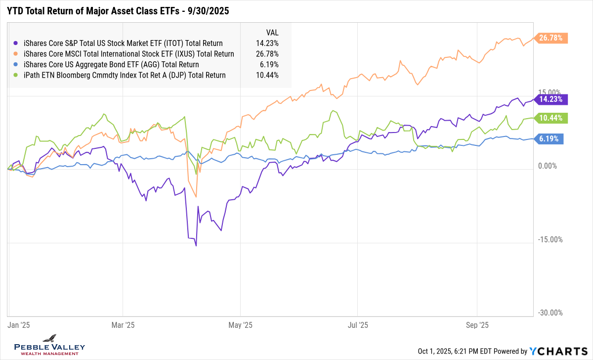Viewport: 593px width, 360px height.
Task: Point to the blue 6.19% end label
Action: pyautogui.click(x=550, y=139)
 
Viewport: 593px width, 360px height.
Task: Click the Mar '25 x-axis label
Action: pyautogui.click(x=123, y=325)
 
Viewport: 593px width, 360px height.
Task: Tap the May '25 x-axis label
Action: pyautogui.click(x=240, y=325)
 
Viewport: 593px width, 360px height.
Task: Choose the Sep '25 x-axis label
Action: pyautogui.click(x=477, y=325)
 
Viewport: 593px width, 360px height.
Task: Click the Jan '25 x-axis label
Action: pyautogui.click(x=19, y=325)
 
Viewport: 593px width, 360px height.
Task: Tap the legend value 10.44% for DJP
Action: pyautogui.click(x=267, y=75)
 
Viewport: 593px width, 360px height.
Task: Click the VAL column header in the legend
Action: pyautogui.click(x=272, y=32)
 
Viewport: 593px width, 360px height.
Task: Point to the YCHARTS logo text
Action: pyautogui.click(x=560, y=351)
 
